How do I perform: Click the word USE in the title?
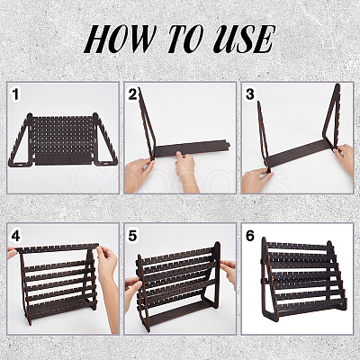click(244, 39)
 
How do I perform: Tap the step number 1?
click(15, 94)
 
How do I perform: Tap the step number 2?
click(133, 94)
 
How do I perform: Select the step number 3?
click(250, 94)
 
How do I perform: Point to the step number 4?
click(15, 236)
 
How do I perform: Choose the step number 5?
click(132, 236)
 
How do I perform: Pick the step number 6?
click(250, 236)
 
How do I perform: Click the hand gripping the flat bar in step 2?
click(185, 169)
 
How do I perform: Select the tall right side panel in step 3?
click(332, 120)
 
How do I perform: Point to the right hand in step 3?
click(345, 159)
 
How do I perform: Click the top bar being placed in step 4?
click(57, 247)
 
